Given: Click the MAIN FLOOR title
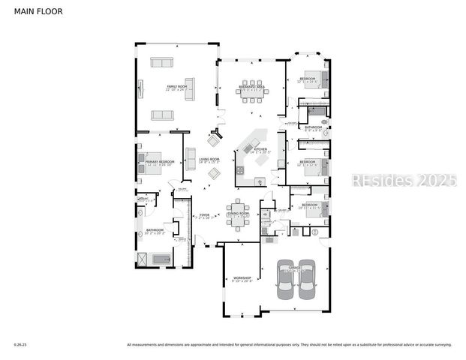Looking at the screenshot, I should pyautogui.click(x=38, y=12).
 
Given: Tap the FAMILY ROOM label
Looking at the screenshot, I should pyautogui.click(x=176, y=88).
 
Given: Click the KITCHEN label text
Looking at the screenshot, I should pyautogui.click(x=260, y=150).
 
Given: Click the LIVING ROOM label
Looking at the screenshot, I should pyautogui.click(x=209, y=160).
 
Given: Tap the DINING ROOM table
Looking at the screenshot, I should pyautogui.click(x=238, y=214).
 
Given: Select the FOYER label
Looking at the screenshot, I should pyautogui.click(x=204, y=214).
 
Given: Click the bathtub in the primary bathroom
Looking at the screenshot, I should pyautogui.click(x=161, y=259).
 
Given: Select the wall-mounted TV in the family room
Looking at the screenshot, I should pyautogui.click(x=139, y=88).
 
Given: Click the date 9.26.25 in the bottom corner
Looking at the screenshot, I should pyautogui.click(x=20, y=344).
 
